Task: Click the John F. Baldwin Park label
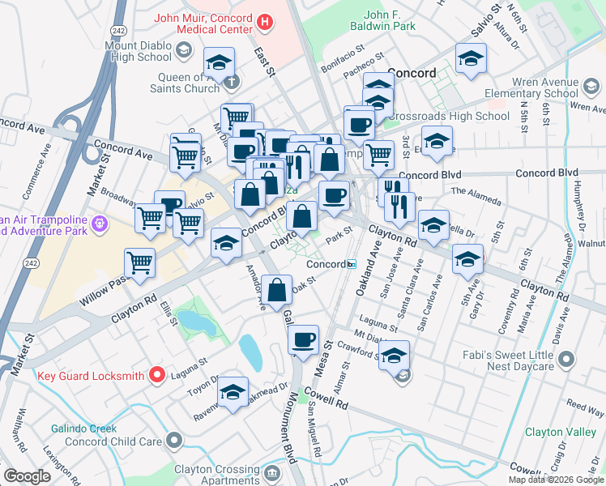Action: (x=390, y=20)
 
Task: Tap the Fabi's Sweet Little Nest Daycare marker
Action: (x=566, y=358)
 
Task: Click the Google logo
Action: (x=28, y=476)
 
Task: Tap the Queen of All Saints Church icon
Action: (x=233, y=81)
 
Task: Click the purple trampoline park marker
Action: (x=99, y=220)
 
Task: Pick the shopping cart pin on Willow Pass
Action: (x=140, y=262)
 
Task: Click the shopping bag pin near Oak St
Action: (x=277, y=289)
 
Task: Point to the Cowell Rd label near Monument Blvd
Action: (x=326, y=397)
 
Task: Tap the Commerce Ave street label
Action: (x=38, y=170)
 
